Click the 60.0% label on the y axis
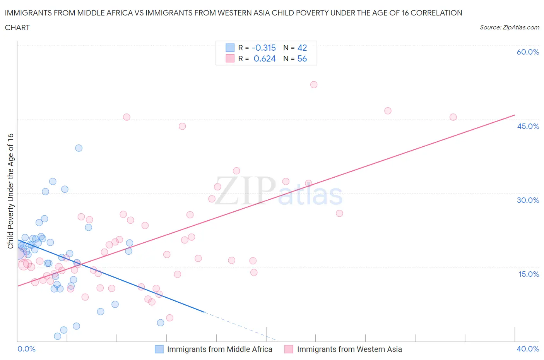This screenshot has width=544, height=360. (x=528, y=52)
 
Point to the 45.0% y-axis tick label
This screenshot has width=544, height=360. (x=528, y=126)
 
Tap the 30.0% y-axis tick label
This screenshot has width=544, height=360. (x=528, y=200)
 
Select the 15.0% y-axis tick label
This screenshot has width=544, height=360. (x=528, y=274)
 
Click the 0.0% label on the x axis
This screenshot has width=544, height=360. (x=26, y=349)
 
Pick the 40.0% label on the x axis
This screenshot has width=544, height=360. (x=528, y=349)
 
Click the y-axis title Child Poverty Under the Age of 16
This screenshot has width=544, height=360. (x=10, y=191)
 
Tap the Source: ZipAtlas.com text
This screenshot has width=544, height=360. (x=509, y=27)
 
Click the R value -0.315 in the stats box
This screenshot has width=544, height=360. (x=263, y=48)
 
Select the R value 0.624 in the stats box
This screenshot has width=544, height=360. (x=265, y=58)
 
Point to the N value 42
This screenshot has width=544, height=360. (x=302, y=48)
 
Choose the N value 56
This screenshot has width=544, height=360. (x=302, y=58)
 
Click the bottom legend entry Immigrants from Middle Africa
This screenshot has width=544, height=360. (x=219, y=349)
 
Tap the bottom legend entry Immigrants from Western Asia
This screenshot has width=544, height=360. (x=349, y=349)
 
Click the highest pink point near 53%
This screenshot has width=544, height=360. (x=314, y=85)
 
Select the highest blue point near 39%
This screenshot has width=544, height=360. (x=79, y=148)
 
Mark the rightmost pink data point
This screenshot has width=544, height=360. (x=453, y=117)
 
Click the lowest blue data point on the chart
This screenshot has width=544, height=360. (x=58, y=336)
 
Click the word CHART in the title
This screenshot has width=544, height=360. (x=17, y=27)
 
